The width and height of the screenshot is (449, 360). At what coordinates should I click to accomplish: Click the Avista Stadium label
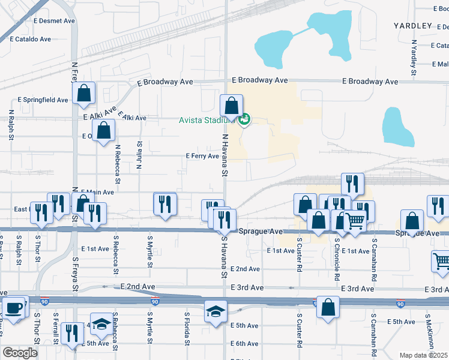coord(203,119)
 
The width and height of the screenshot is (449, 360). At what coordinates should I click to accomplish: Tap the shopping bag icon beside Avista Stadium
coord(232,106)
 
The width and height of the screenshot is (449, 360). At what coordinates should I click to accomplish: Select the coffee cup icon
coord(14,308)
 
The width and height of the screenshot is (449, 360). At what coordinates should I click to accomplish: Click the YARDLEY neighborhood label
coord(413,26)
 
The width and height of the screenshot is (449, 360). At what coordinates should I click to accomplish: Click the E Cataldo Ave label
coord(34,38)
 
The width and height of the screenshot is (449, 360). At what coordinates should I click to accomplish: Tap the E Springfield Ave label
coord(43,100)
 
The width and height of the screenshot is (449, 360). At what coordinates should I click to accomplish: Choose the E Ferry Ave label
coord(202,156)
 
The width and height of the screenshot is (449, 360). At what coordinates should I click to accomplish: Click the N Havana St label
coord(226,155)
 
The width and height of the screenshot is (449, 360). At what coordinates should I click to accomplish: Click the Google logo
coord(20,353)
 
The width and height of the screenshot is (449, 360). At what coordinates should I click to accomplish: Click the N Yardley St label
coord(414,58)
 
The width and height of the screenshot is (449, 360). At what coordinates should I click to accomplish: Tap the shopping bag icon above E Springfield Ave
coord(84,92)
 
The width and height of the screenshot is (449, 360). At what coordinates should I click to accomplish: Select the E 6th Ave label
coord(244,344)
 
